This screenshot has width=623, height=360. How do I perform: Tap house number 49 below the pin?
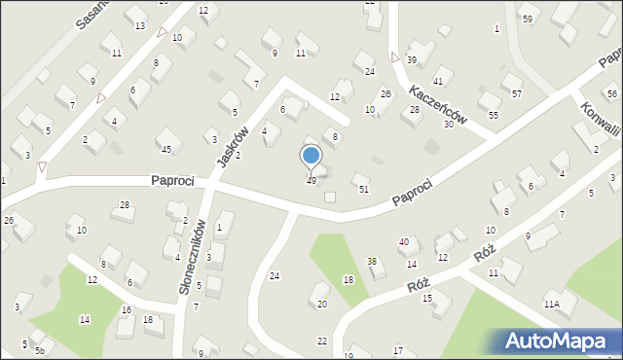tap(311, 181)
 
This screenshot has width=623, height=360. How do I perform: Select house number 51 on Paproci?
tap(363, 189)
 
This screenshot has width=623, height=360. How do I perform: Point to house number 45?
tap(165, 149)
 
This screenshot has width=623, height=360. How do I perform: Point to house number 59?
tap(528, 18)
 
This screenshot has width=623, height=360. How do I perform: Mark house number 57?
tap(517, 93)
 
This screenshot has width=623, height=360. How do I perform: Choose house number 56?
tap(611, 93)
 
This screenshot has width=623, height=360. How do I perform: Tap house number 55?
tap(494, 116)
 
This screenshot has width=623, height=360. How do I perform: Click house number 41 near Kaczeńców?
tap(438, 80)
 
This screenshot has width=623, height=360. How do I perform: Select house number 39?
tap(412, 60)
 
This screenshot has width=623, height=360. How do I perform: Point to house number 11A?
tap(552, 305)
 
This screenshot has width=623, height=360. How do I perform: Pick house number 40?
tap(403, 241)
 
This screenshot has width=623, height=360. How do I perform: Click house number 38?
tap(371, 261)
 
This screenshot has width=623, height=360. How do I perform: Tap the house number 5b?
tap(40, 350)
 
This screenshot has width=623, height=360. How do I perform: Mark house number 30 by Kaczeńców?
tap(448, 125)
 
